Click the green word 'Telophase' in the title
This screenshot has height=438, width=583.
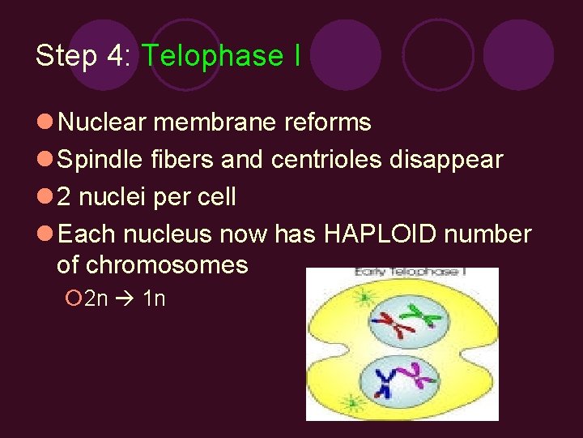tap(211, 55)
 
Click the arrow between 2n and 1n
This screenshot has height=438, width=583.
tap(125, 298)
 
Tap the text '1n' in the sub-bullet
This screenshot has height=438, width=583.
tap(153, 298)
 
